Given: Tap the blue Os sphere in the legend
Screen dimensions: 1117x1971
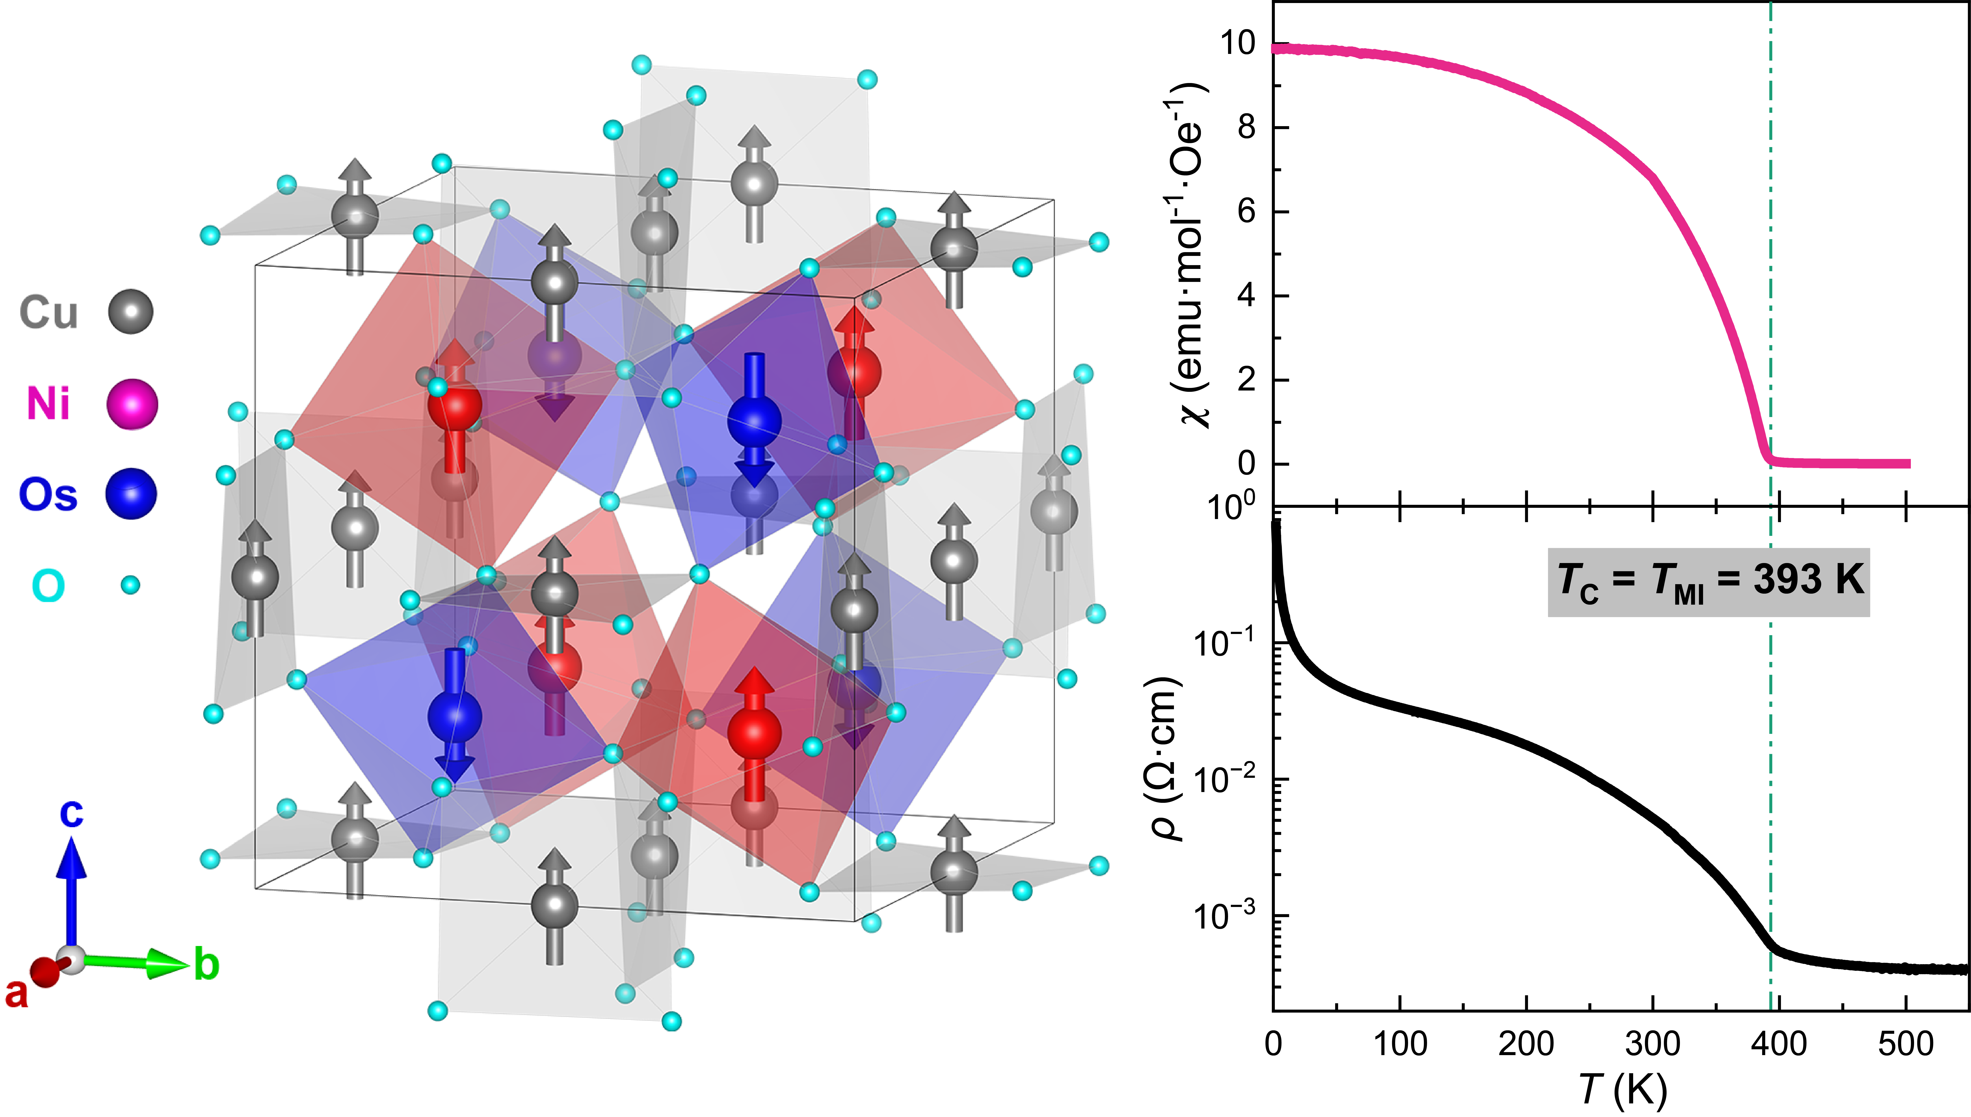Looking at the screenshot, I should pos(131,494).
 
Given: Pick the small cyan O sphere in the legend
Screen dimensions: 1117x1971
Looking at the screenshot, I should pos(130,585).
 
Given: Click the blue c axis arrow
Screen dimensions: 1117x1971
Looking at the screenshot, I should pos(71,890).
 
